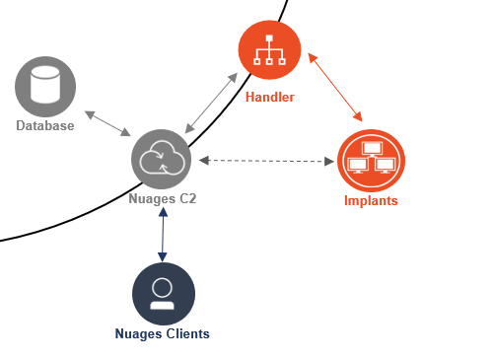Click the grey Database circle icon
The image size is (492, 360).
(45, 87)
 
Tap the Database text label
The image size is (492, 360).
(45, 125)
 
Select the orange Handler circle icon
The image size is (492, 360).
(269, 49)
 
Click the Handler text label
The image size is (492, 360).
(270, 97)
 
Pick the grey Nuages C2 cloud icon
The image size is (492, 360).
(162, 159)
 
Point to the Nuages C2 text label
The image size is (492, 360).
(163, 199)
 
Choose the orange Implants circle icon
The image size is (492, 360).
(371, 161)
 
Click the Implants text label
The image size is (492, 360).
(371, 200)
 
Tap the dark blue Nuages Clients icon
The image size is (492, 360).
(164, 294)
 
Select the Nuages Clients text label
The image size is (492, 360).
(163, 333)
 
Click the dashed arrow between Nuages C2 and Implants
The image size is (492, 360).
(266, 161)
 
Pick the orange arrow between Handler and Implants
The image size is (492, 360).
(335, 87)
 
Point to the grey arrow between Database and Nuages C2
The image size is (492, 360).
(107, 123)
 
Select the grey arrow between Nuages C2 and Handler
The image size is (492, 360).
(211, 104)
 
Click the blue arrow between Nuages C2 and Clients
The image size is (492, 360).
(163, 235)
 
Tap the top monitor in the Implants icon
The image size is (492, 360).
(373, 148)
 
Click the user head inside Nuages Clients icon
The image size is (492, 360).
(162, 288)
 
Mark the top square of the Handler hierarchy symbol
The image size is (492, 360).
(269, 38)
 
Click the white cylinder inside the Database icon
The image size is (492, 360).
(45, 85)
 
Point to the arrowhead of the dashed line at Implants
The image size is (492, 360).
(329, 162)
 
